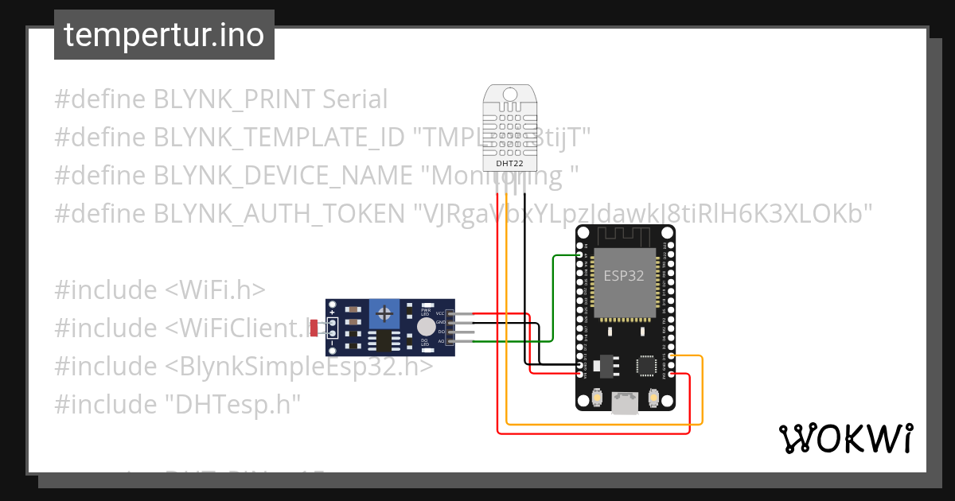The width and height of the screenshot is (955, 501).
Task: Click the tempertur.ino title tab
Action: tap(164, 35)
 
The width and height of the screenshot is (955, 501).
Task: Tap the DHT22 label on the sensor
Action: tap(509, 163)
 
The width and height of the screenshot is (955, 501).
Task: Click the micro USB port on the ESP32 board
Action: tap(626, 404)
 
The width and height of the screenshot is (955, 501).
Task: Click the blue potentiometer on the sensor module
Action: tap(385, 309)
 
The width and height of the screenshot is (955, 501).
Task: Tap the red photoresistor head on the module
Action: tap(314, 327)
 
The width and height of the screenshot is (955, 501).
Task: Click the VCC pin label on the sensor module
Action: tap(440, 313)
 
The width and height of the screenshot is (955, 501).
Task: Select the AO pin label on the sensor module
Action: tap(440, 341)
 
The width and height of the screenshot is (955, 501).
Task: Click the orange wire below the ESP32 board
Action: tap(605, 424)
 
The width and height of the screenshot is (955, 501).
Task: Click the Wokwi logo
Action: tap(844, 438)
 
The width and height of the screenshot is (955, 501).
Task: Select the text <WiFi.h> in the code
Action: tap(215, 290)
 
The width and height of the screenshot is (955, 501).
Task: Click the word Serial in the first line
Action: tap(354, 99)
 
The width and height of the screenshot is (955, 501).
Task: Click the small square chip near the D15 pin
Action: tap(645, 365)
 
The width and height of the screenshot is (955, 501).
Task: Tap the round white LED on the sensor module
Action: tap(427, 327)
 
